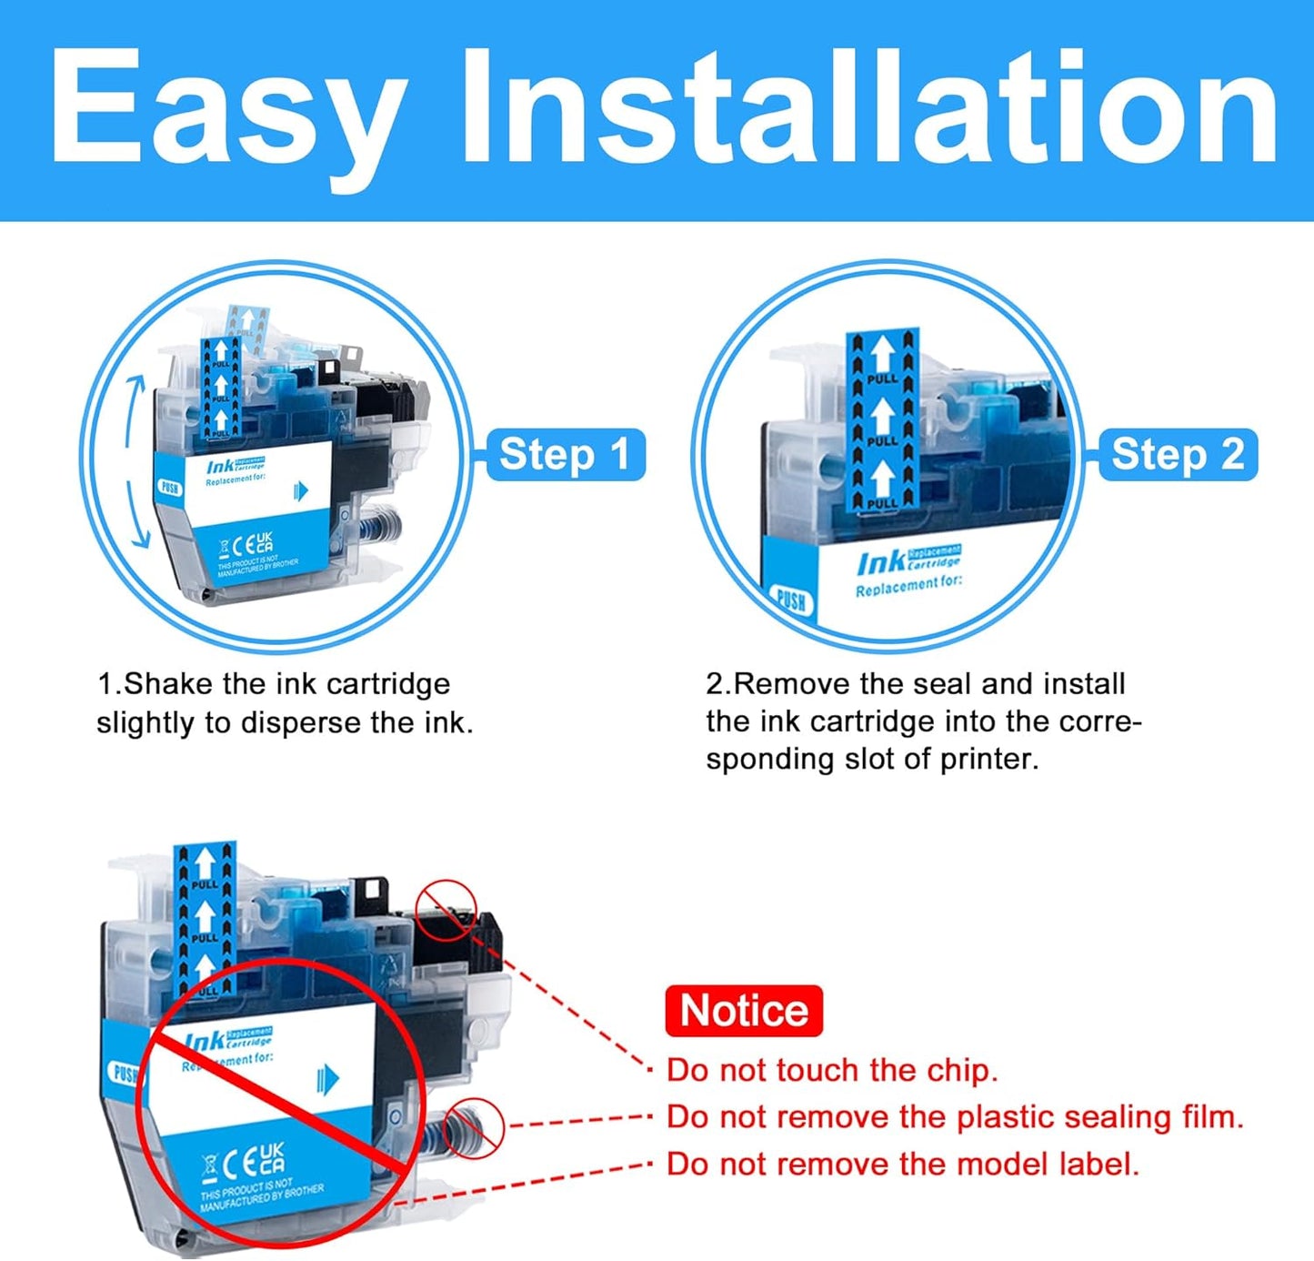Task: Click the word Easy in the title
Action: click(227, 109)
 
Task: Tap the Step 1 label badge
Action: click(564, 454)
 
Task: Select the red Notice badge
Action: click(744, 1011)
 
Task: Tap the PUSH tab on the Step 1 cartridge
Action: click(170, 488)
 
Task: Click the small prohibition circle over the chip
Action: click(446, 911)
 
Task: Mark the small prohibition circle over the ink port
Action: click(473, 1128)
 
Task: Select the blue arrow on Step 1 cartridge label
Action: click(301, 491)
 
